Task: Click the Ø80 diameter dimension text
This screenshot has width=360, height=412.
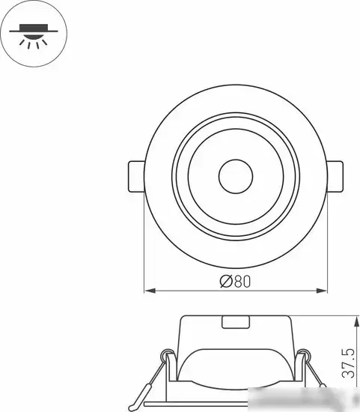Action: click(234, 282)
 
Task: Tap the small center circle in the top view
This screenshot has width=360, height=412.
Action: click(235, 178)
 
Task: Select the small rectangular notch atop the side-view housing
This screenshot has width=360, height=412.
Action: click(236, 323)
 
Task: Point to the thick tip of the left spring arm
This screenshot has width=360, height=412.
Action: click(145, 393)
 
